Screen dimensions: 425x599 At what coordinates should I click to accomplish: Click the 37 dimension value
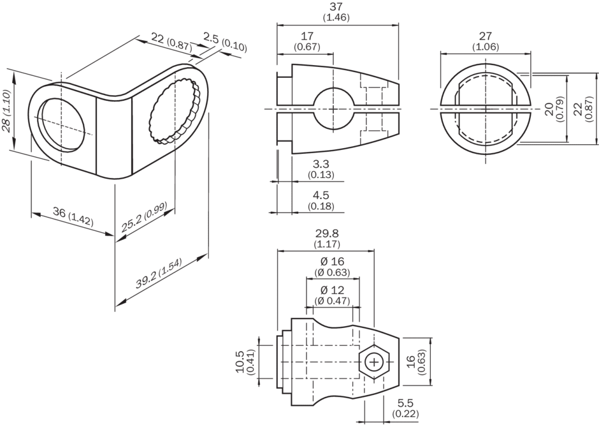(x=336, y=7)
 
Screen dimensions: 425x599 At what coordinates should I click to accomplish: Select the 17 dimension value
(x=307, y=37)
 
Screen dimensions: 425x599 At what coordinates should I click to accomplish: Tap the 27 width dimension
(x=486, y=36)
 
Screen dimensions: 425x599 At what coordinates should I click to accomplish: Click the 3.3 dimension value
(x=321, y=165)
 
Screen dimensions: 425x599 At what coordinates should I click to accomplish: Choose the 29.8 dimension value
(x=326, y=234)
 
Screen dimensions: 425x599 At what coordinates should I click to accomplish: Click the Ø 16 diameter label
(x=332, y=262)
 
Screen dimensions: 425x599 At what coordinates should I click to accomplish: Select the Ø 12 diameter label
(x=332, y=290)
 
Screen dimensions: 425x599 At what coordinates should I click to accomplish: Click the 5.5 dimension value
(x=405, y=403)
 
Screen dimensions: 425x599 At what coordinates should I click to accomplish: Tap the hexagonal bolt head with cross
(x=373, y=362)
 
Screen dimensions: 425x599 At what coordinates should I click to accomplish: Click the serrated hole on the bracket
(x=173, y=110)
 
